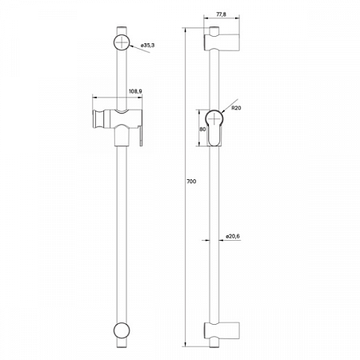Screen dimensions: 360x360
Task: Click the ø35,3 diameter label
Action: point(148,48)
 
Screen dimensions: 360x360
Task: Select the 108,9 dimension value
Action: point(135,92)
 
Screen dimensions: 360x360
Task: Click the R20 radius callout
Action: point(238,108)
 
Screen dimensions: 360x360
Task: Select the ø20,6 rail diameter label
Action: point(233,236)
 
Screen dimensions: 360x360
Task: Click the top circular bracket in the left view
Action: point(123,42)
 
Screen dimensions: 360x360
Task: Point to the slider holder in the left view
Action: point(120,125)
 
